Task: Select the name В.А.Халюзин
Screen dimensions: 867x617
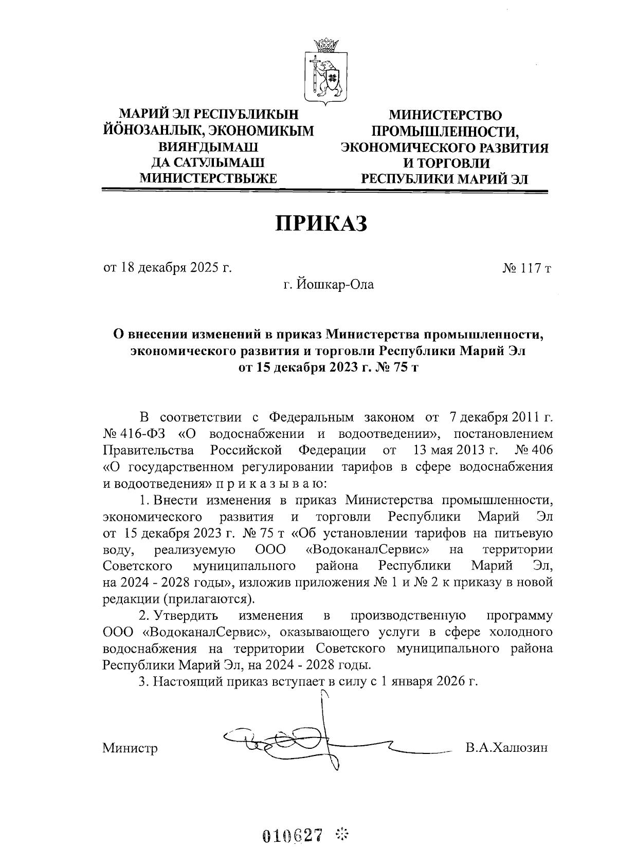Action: click(x=506, y=747)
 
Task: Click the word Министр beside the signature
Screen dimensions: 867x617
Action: click(x=130, y=748)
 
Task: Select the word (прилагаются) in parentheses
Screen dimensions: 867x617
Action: click(x=209, y=599)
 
